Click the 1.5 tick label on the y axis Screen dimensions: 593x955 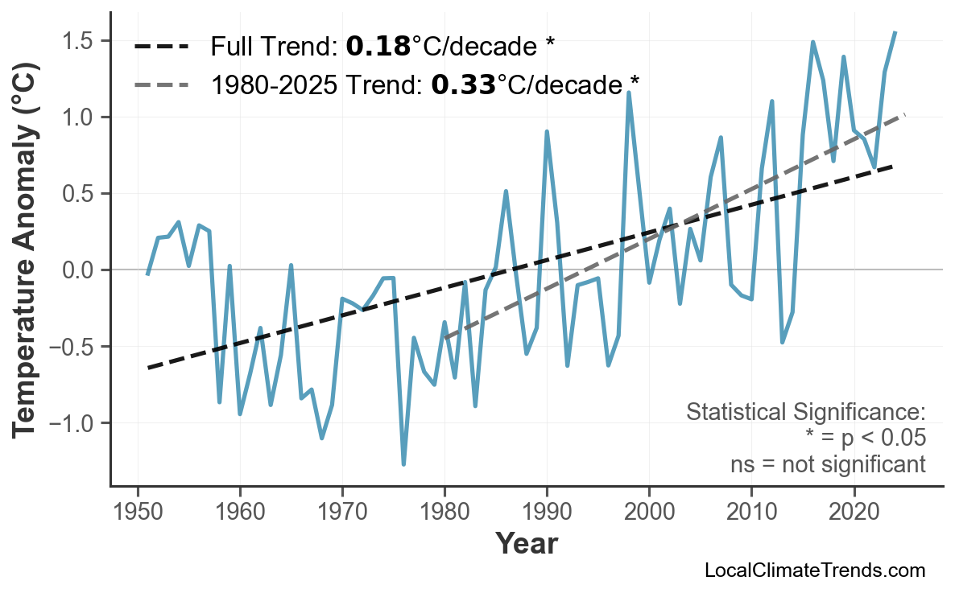click(81, 41)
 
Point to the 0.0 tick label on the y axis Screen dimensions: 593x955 click(81, 270)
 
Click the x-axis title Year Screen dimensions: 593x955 click(526, 545)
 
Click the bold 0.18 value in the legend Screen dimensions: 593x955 click(378, 47)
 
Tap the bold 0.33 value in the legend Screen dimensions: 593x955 click(463, 84)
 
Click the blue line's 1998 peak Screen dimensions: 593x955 click(628, 93)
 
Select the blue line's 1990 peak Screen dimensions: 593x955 click(547, 131)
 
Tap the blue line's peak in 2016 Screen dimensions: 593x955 click(812, 42)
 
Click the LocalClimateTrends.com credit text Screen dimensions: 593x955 click(814, 570)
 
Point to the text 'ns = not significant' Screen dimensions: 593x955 click(828, 464)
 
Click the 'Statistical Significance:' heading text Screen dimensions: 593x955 click(805, 412)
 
